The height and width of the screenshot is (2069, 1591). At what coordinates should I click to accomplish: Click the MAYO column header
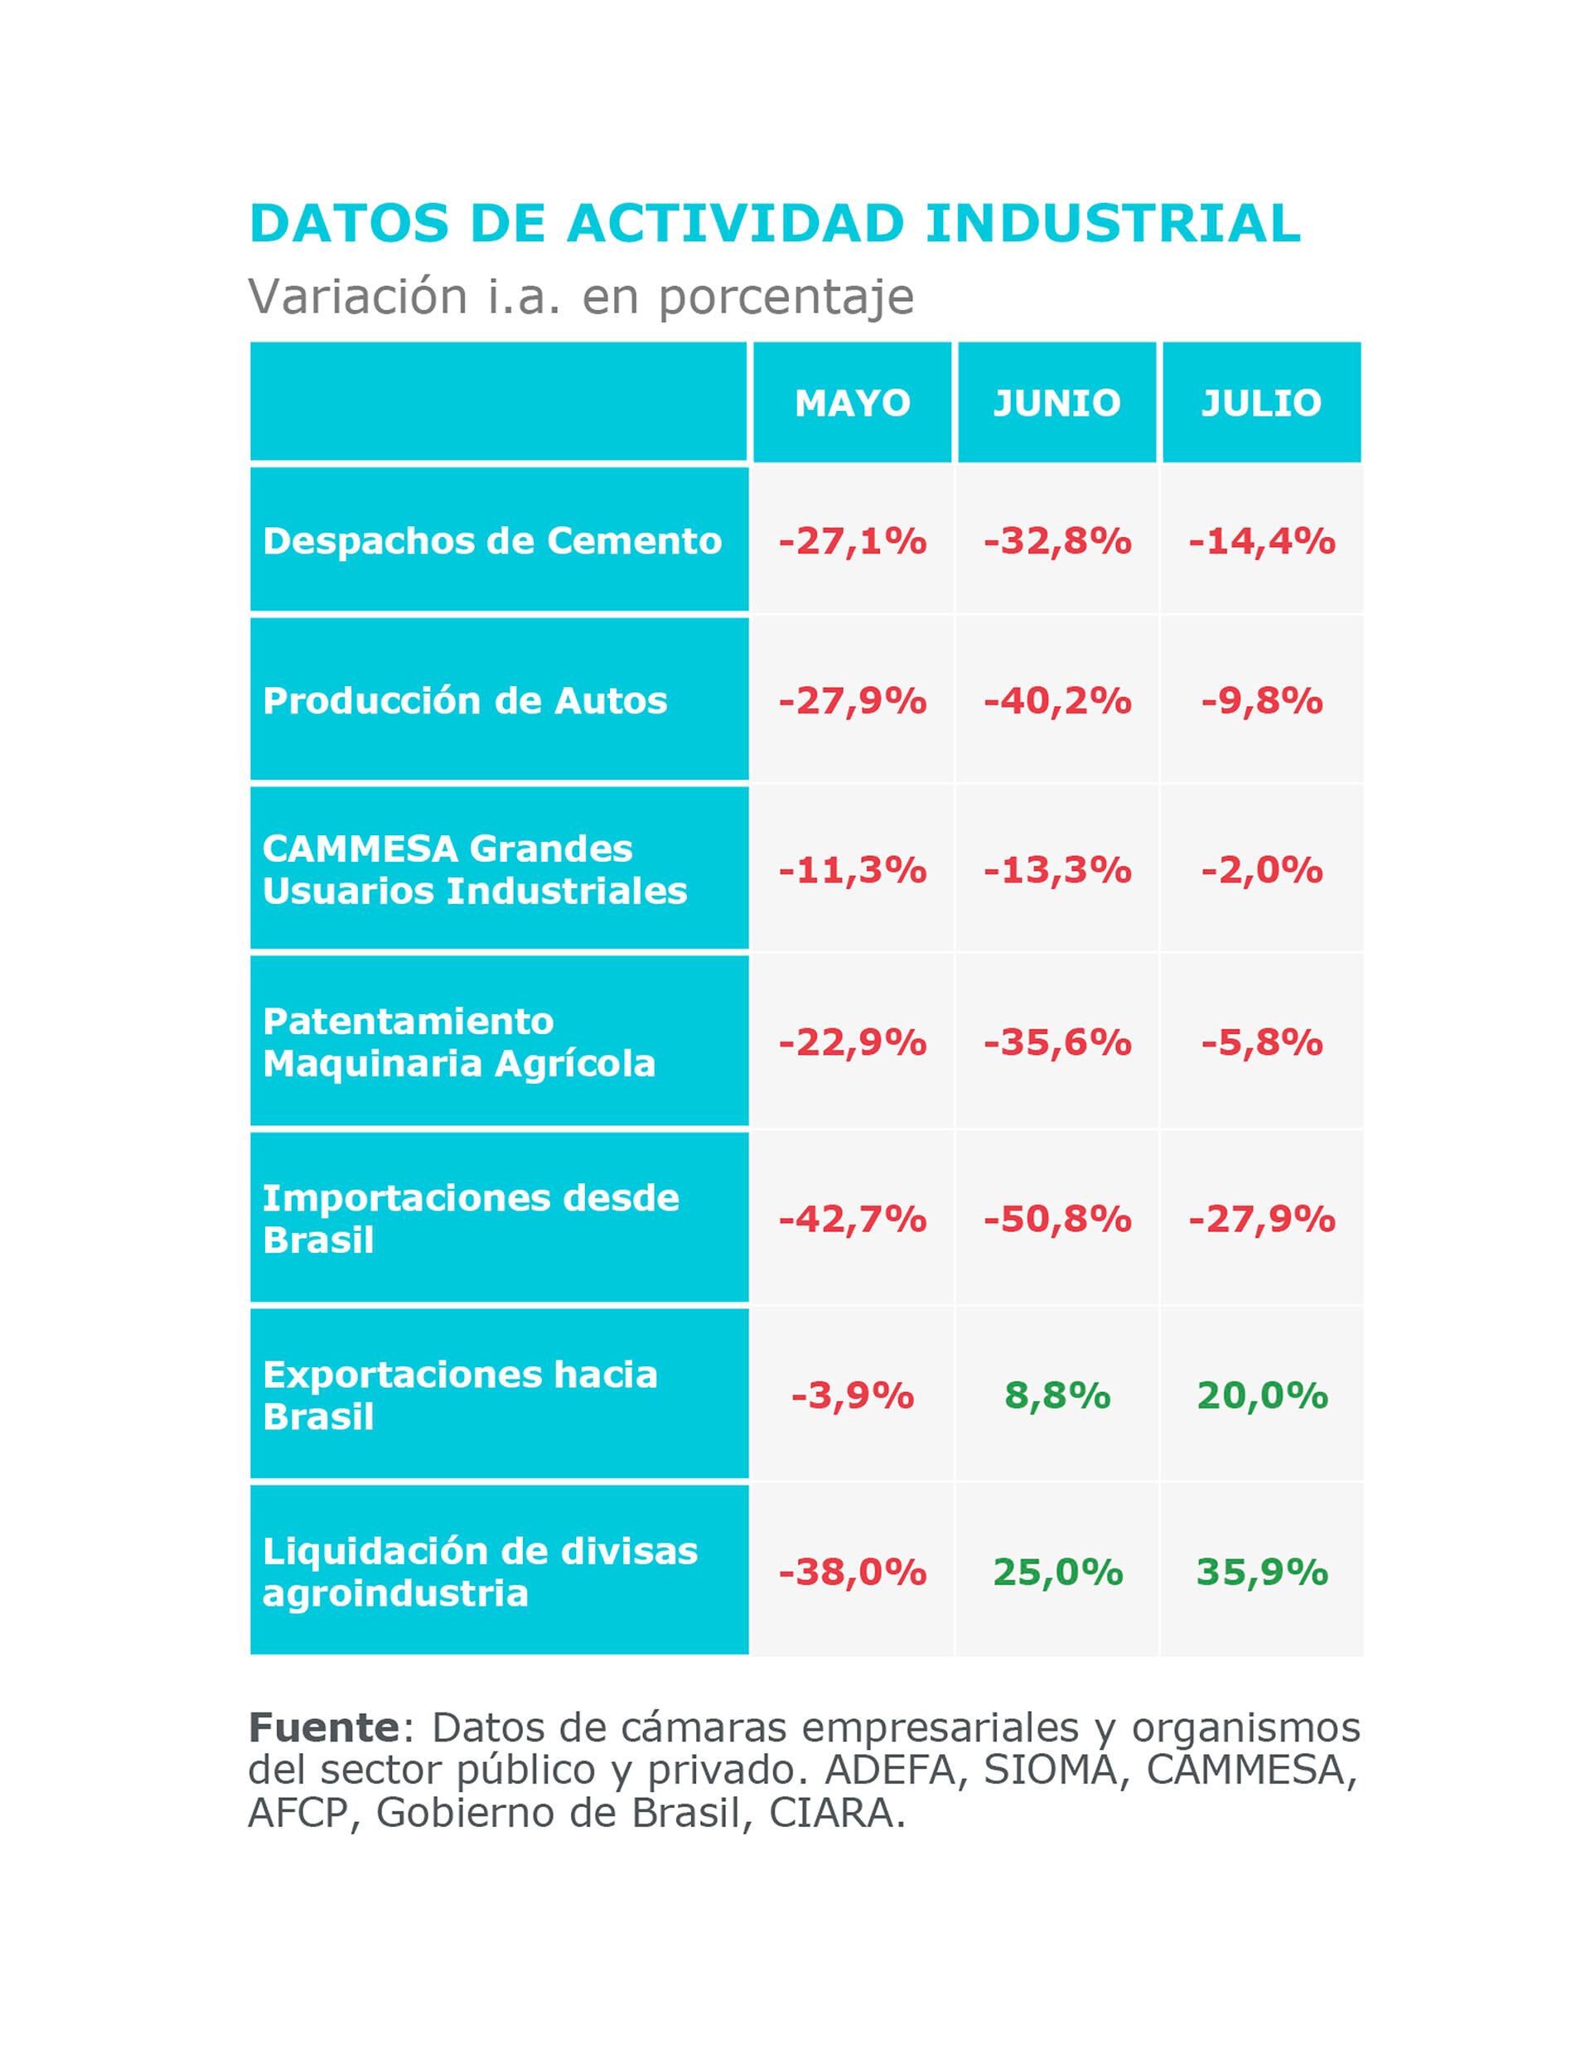(x=853, y=404)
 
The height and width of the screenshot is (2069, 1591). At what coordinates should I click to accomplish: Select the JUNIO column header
(x=1057, y=404)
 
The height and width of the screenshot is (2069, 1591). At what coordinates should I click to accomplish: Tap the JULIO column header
(x=1261, y=404)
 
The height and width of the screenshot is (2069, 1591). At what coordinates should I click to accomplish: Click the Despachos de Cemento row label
(x=492, y=541)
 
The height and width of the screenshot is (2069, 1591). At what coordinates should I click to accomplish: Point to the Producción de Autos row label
(x=465, y=701)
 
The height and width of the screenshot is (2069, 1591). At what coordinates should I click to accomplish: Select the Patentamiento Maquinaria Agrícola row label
(x=459, y=1042)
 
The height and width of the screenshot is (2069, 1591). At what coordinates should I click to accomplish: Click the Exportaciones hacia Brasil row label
(x=460, y=1395)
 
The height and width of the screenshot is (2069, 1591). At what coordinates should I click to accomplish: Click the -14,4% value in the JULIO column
(x=1262, y=541)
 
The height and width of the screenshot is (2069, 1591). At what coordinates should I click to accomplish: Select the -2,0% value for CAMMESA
(x=1262, y=869)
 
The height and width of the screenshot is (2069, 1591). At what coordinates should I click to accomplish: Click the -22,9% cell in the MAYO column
(x=853, y=1042)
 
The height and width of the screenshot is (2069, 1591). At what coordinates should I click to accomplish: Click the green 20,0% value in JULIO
(x=1262, y=1395)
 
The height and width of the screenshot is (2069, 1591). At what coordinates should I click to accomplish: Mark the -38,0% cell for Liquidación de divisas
(x=853, y=1572)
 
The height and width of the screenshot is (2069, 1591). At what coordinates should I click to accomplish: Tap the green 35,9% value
(x=1262, y=1572)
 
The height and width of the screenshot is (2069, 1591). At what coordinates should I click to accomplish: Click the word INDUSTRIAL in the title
(x=1113, y=225)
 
